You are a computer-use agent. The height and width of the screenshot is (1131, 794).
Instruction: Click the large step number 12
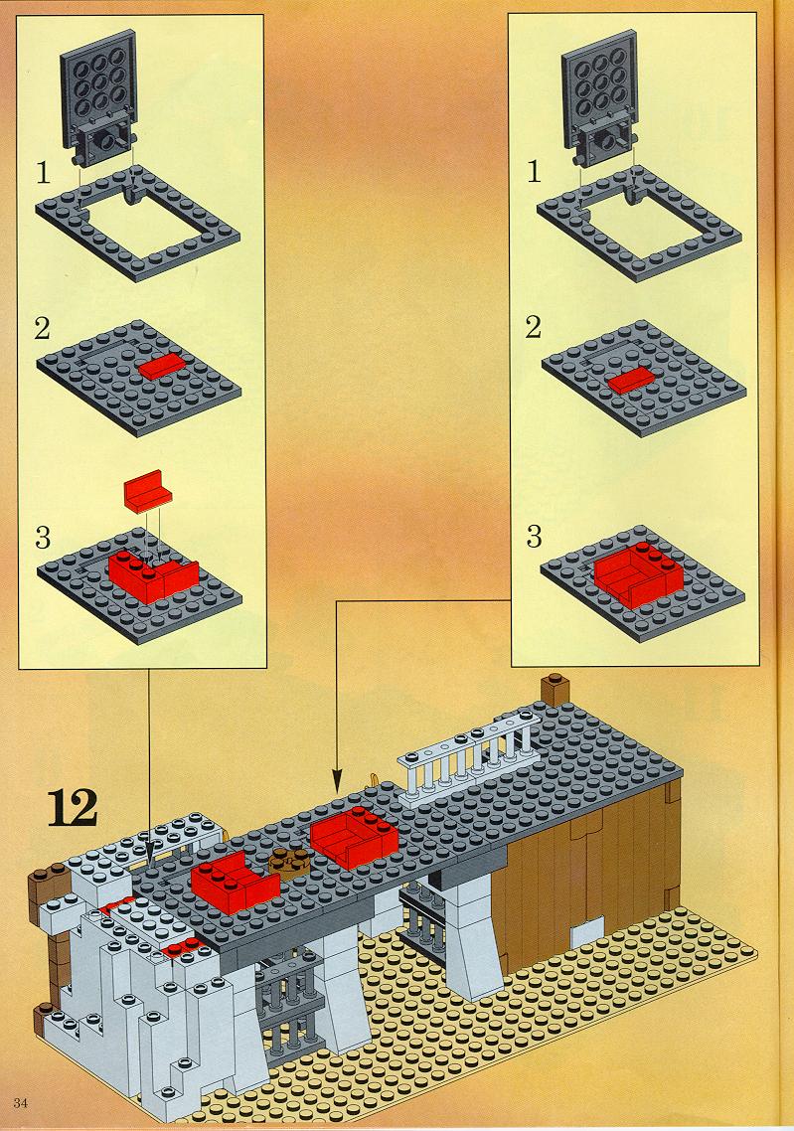[x=73, y=808]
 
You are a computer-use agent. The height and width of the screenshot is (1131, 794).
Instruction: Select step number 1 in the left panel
[x=44, y=173]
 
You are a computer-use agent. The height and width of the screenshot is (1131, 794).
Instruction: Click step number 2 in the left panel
[x=42, y=328]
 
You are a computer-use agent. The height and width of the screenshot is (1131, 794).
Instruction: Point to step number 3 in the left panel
[x=43, y=538]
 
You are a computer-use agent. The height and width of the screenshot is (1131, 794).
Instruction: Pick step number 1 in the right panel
[x=534, y=172]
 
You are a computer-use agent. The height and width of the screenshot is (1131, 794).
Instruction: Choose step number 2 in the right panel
[x=533, y=327]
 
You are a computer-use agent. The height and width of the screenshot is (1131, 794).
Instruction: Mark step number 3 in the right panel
[x=534, y=536]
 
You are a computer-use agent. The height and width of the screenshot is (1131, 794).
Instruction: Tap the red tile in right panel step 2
[x=631, y=380]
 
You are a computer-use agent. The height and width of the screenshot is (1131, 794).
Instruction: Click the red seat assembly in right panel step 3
[x=639, y=574]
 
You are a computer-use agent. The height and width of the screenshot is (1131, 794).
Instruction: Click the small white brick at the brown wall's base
[x=587, y=935]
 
